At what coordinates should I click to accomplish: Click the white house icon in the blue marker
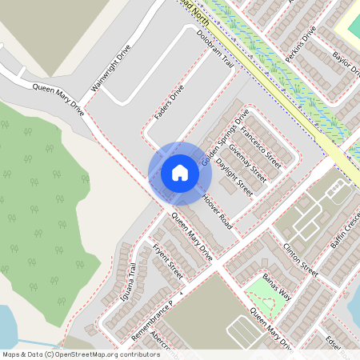click(x=179, y=173)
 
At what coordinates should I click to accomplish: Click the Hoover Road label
click(x=217, y=211)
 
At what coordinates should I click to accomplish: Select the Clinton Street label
click(x=299, y=262)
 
